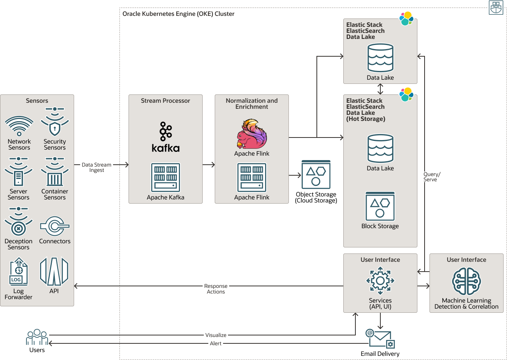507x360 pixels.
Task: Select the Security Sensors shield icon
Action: (x=55, y=122)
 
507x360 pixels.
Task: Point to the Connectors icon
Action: (x=55, y=226)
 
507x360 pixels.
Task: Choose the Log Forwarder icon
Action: (x=19, y=272)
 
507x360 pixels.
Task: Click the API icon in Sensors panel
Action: (x=54, y=272)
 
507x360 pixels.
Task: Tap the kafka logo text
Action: (x=166, y=148)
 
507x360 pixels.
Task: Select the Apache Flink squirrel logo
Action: (x=252, y=134)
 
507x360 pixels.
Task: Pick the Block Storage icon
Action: (x=380, y=206)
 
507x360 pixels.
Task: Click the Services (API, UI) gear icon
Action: (x=380, y=281)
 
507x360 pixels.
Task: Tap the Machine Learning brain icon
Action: (x=467, y=281)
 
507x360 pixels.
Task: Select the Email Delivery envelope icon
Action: (x=380, y=338)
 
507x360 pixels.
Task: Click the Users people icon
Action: (x=37, y=337)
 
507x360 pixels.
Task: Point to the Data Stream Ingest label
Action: (x=97, y=167)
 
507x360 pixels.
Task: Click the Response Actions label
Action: (x=216, y=289)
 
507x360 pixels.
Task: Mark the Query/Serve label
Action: (x=432, y=177)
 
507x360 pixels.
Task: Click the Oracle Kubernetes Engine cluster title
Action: (x=178, y=14)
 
